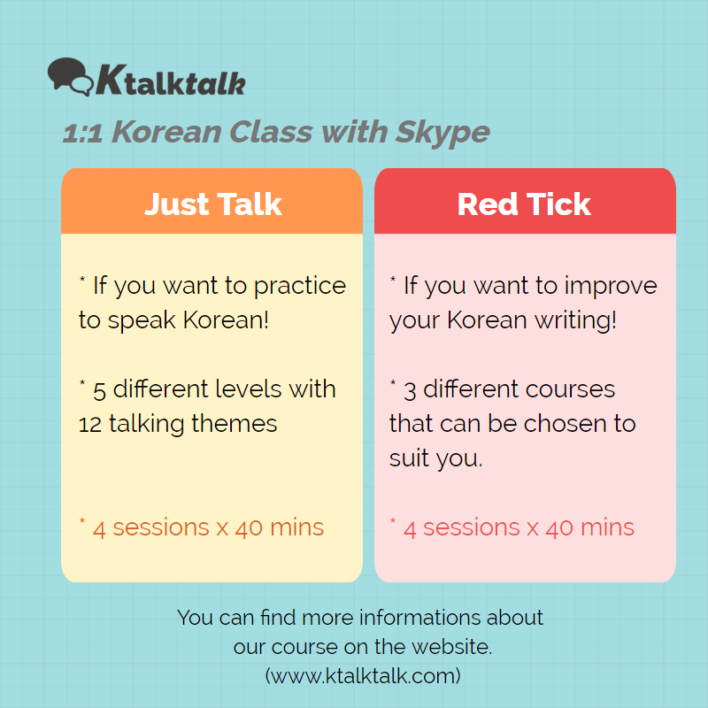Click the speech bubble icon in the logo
click(x=71, y=76)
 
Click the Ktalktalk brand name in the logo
click(x=171, y=80)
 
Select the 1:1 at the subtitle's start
click(x=82, y=134)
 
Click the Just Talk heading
click(x=213, y=204)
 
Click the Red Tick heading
click(x=524, y=204)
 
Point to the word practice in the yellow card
click(x=300, y=287)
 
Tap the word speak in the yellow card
click(x=142, y=321)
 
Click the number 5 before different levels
click(x=99, y=391)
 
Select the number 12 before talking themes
click(x=90, y=425)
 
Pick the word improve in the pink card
click(x=611, y=287)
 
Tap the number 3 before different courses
click(x=410, y=391)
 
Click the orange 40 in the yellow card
click(x=249, y=528)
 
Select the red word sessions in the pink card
click(x=472, y=527)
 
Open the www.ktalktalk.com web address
click(x=363, y=676)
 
